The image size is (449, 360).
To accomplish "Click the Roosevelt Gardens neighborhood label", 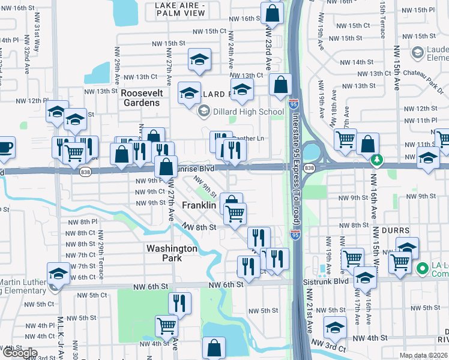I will (x=140, y=98).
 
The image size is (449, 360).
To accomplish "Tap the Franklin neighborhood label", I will (x=199, y=205).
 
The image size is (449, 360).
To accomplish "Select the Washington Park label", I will (x=172, y=253).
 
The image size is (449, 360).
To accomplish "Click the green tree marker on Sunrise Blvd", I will (x=377, y=160).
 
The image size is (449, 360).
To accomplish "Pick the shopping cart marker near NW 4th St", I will (x=166, y=326).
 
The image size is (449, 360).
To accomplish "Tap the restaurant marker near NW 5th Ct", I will (x=179, y=303).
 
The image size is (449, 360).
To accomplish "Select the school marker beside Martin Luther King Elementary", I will (x=58, y=274).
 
